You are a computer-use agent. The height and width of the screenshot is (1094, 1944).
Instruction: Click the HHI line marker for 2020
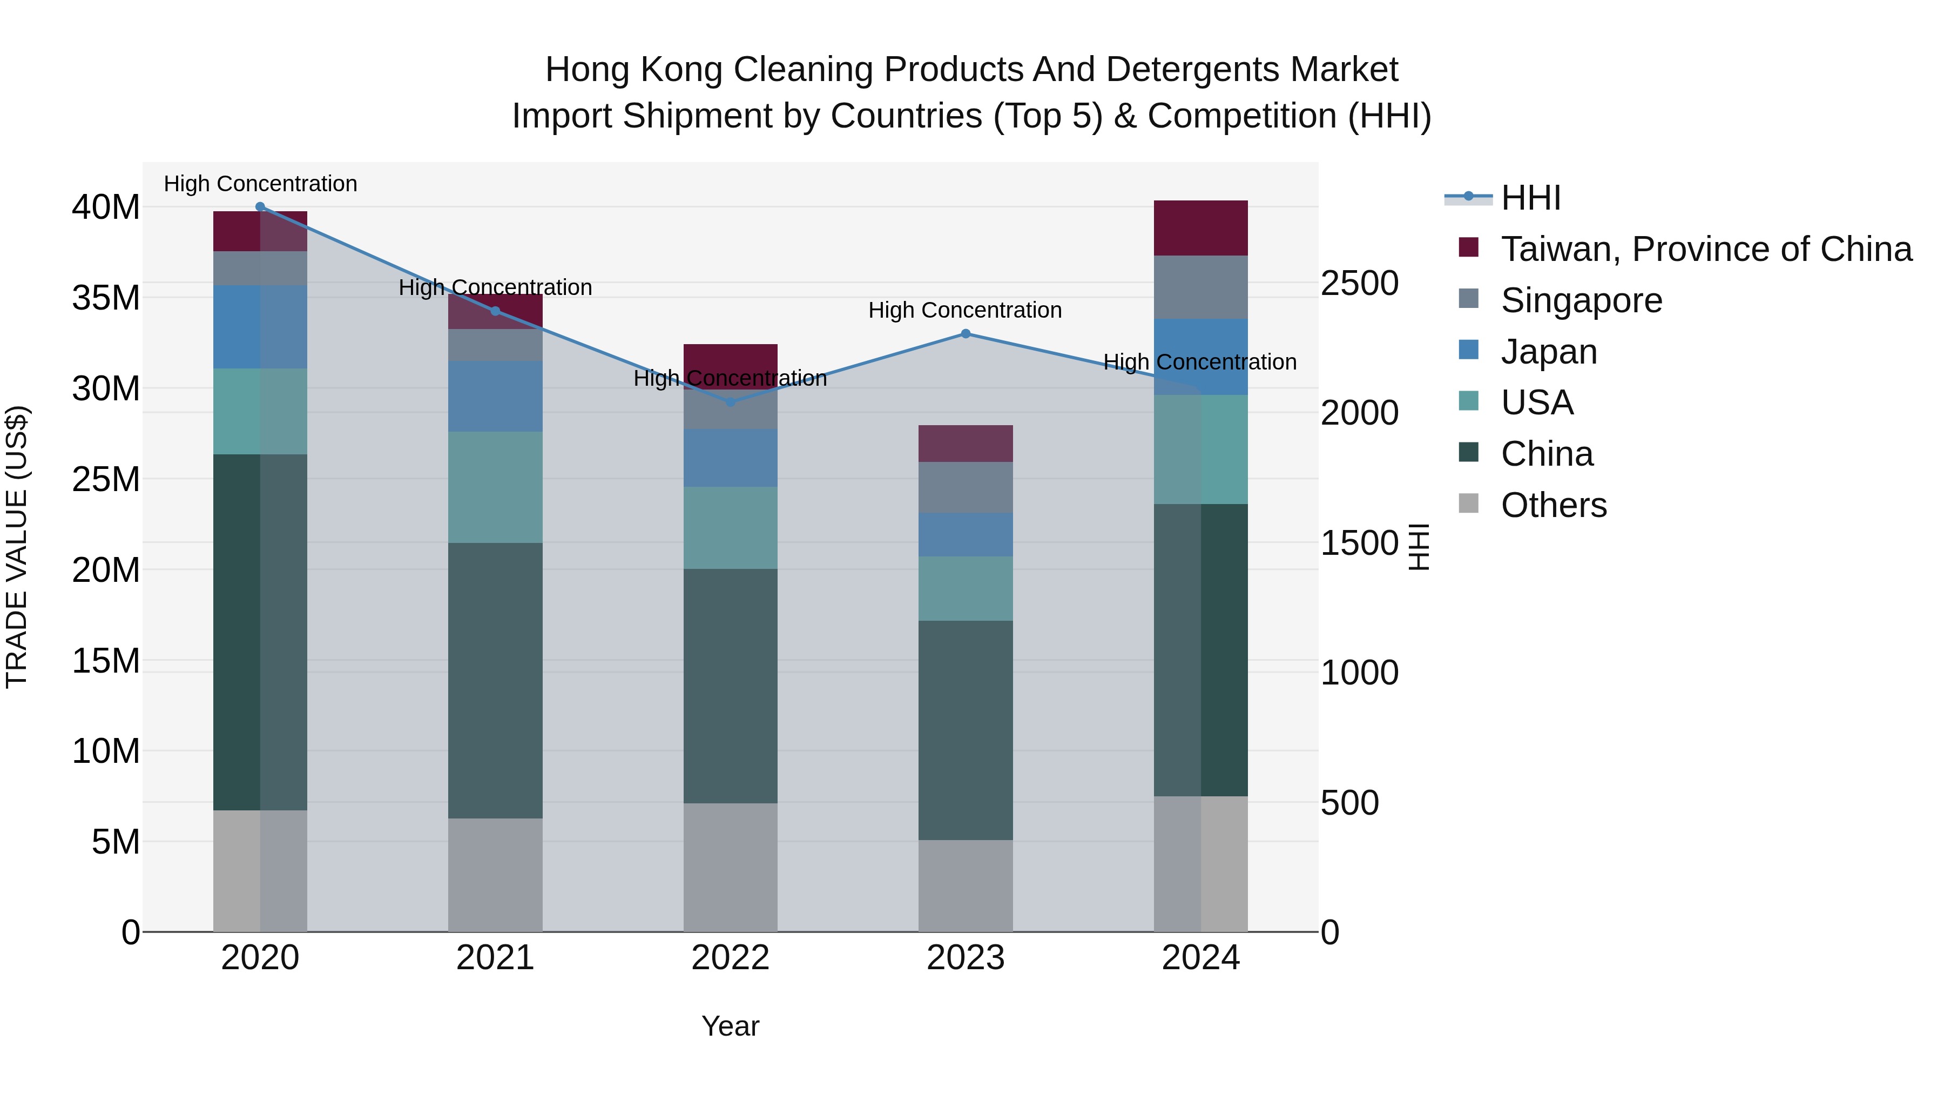click(260, 207)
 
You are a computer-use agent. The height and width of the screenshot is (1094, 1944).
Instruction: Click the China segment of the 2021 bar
click(495, 680)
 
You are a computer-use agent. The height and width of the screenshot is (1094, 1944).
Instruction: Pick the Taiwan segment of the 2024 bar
click(1200, 228)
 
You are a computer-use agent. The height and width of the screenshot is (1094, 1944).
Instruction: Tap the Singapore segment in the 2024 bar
click(1200, 287)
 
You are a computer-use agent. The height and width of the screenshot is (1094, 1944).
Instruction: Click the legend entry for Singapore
click(1581, 300)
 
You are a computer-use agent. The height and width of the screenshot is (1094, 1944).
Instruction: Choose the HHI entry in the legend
click(1530, 198)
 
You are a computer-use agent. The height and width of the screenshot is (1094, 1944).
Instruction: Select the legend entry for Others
click(1553, 505)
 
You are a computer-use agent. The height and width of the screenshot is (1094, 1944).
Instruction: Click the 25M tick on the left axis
click(106, 479)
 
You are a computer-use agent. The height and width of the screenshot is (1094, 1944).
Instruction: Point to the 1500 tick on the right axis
click(1359, 543)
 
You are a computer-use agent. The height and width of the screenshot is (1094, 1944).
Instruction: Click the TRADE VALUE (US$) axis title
click(17, 547)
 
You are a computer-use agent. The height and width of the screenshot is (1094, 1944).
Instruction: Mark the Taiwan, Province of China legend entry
click(1705, 249)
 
